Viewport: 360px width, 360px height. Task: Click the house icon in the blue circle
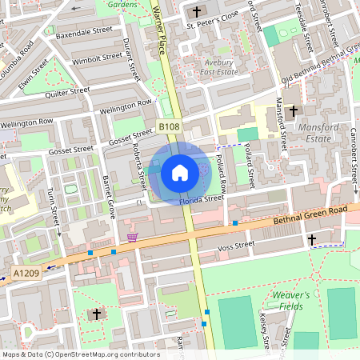180,172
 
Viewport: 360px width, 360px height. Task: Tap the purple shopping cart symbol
132,237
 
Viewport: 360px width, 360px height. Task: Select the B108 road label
168,127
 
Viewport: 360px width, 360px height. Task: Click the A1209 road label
25,274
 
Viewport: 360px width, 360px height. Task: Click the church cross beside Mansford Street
294,110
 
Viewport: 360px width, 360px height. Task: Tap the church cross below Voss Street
312,239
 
